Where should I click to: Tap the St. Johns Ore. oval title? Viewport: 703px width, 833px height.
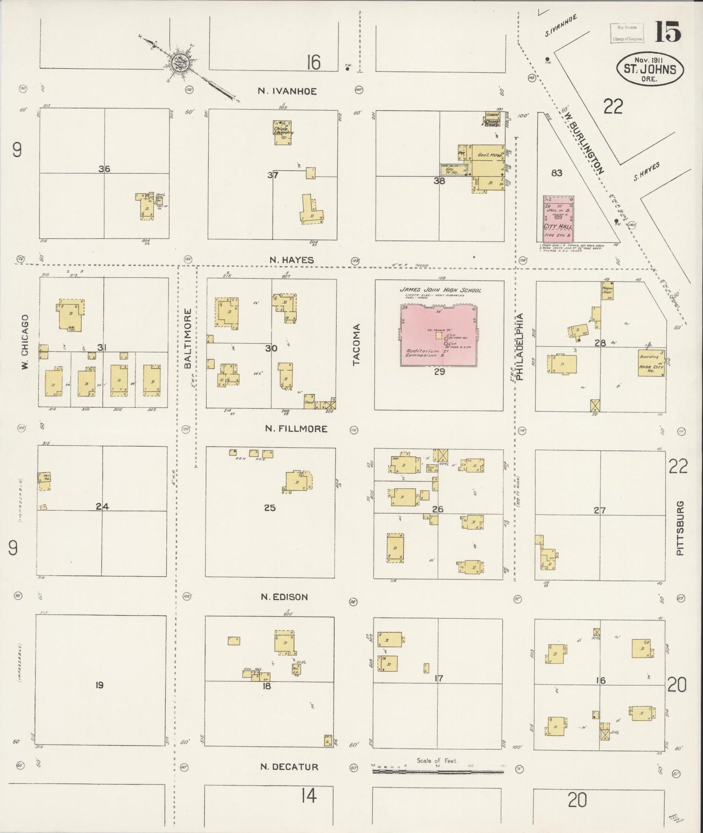[650, 69]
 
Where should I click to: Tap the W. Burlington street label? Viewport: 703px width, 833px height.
[584, 144]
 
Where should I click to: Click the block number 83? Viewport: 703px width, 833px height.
[557, 173]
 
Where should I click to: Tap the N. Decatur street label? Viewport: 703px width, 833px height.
[289, 767]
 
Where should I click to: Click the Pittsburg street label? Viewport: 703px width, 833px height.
[680, 528]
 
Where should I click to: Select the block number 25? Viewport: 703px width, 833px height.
[270, 508]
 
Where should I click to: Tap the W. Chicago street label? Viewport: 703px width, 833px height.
[25, 342]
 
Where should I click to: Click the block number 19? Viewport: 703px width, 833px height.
[99, 685]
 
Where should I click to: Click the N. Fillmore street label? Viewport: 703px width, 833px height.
[296, 429]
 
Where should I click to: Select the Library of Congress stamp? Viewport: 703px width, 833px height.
[627, 33]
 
